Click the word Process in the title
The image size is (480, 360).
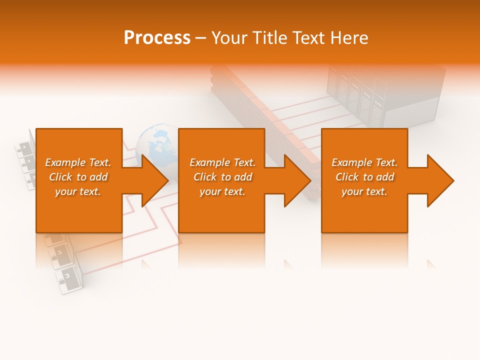(157, 38)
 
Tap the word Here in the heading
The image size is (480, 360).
(348, 38)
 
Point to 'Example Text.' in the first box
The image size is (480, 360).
(78, 162)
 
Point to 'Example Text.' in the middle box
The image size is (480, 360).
(222, 162)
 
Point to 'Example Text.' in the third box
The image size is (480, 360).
(364, 162)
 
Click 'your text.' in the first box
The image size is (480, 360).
(78, 191)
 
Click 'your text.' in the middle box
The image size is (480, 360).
(222, 191)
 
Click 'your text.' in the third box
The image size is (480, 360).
(364, 191)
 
